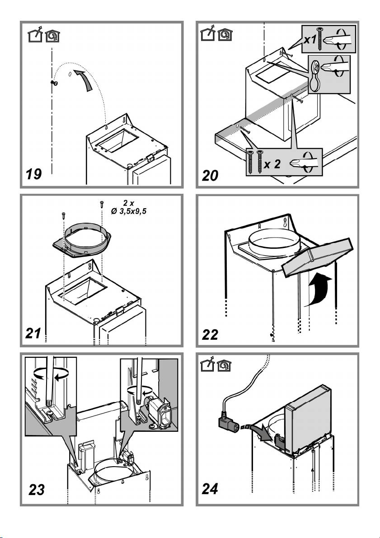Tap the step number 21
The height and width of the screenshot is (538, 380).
click(x=34, y=334)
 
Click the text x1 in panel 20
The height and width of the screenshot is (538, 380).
click(x=310, y=39)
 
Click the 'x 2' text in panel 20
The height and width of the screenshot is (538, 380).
click(x=273, y=164)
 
